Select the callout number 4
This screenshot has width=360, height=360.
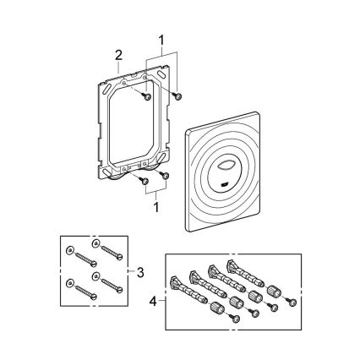pos(153,298)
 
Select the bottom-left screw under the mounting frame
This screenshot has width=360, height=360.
pos(145,179)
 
